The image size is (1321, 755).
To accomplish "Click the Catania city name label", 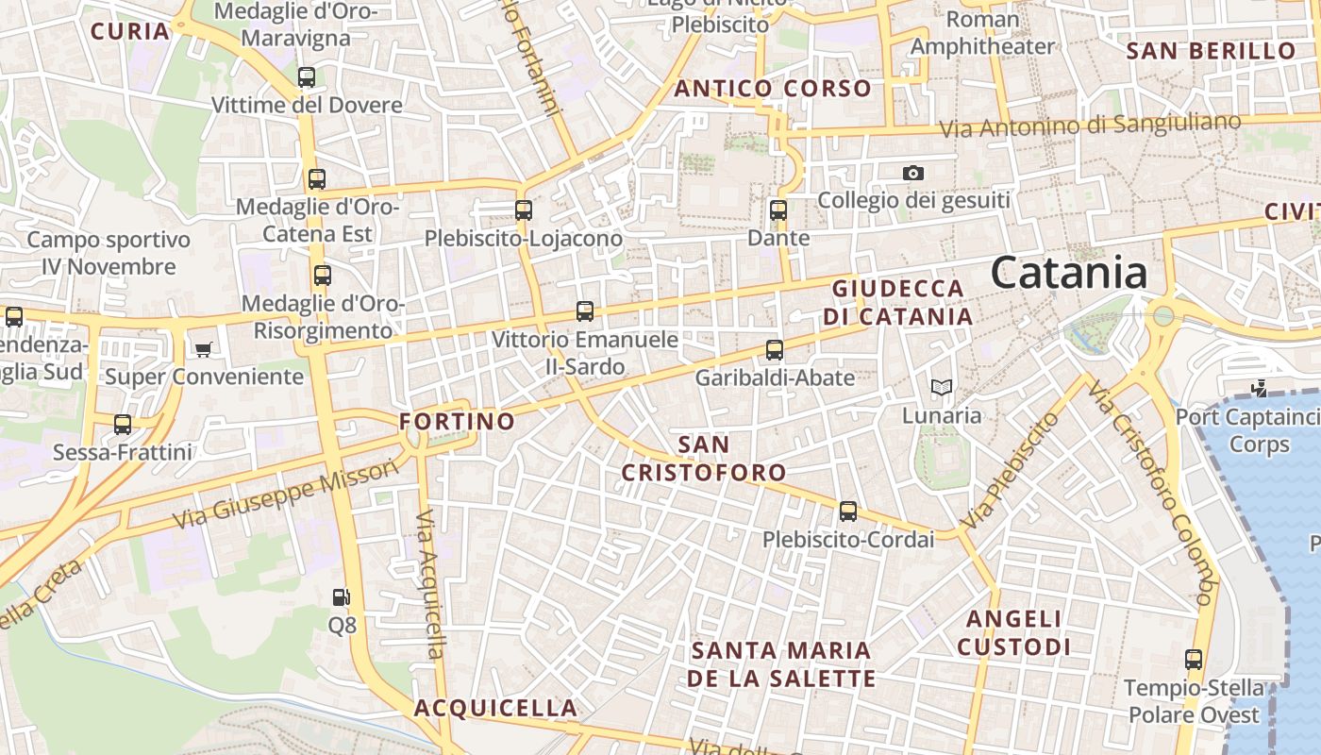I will pyautogui.click(x=1069, y=273).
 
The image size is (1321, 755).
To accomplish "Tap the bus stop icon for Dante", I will pyautogui.click(x=778, y=210).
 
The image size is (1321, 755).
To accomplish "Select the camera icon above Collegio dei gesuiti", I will pyautogui.click(x=912, y=173).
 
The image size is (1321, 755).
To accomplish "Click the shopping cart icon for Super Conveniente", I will pyautogui.click(x=203, y=350).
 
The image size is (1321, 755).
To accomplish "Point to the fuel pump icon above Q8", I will pyautogui.click(x=342, y=596).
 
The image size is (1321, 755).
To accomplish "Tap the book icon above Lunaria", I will pyautogui.click(x=941, y=387).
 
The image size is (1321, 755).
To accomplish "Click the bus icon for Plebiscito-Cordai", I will pyautogui.click(x=848, y=512).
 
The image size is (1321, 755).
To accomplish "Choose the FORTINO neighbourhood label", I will pyautogui.click(x=458, y=421).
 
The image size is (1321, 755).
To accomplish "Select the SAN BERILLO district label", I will pyautogui.click(x=1212, y=51).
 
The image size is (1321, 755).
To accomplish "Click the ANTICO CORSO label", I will pyautogui.click(x=773, y=89).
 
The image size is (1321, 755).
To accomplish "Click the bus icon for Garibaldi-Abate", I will pyautogui.click(x=775, y=350).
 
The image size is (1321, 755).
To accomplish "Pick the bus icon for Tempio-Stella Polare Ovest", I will pyautogui.click(x=1194, y=660).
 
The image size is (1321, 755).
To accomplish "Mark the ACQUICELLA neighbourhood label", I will pyautogui.click(x=495, y=708).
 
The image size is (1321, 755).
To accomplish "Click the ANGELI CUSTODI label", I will pyautogui.click(x=1014, y=632).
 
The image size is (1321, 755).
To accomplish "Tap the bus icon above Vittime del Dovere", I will pyautogui.click(x=307, y=77).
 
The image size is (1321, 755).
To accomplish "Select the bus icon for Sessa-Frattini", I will pyautogui.click(x=123, y=425).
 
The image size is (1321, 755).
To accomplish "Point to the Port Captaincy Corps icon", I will pyautogui.click(x=1259, y=388).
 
